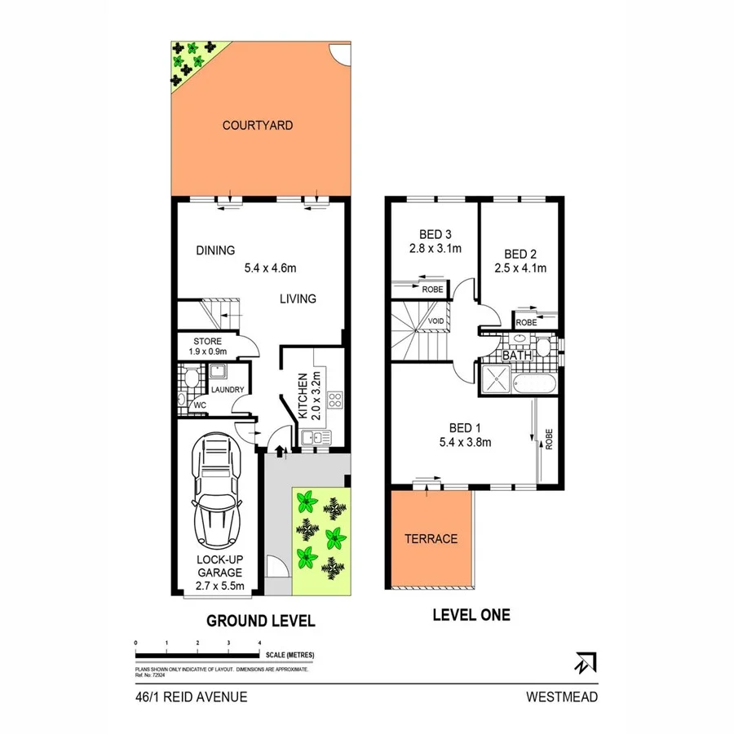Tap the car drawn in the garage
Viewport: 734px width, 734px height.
click(x=216, y=493)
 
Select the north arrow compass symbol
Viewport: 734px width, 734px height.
click(x=585, y=662)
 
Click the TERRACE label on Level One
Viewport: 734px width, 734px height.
click(x=431, y=539)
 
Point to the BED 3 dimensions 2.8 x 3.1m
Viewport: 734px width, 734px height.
click(x=436, y=249)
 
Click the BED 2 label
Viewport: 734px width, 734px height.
click(x=520, y=253)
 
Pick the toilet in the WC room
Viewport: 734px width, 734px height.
click(x=188, y=378)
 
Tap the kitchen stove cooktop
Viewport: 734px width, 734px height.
click(x=334, y=400)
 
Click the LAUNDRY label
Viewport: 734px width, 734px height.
click(x=228, y=390)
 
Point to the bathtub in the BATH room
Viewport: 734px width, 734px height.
click(x=537, y=382)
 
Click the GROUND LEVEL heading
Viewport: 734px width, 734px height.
click(x=260, y=621)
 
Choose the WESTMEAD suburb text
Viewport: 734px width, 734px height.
click(x=562, y=697)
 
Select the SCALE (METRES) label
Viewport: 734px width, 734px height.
click(x=289, y=655)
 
